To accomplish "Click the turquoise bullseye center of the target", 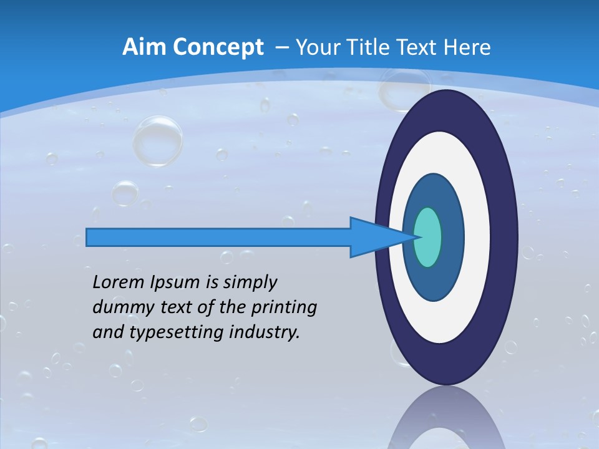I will point(428,237).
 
